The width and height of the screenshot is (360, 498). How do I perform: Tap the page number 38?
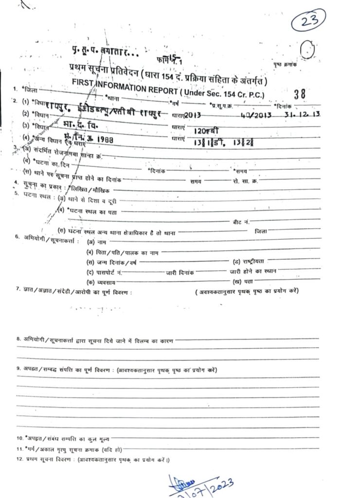pyautogui.click(x=300, y=95)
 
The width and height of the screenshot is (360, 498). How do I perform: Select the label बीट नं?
pyautogui.click(x=242, y=221)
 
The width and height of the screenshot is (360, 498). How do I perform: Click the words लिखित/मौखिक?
pyautogui.click(x=90, y=190)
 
